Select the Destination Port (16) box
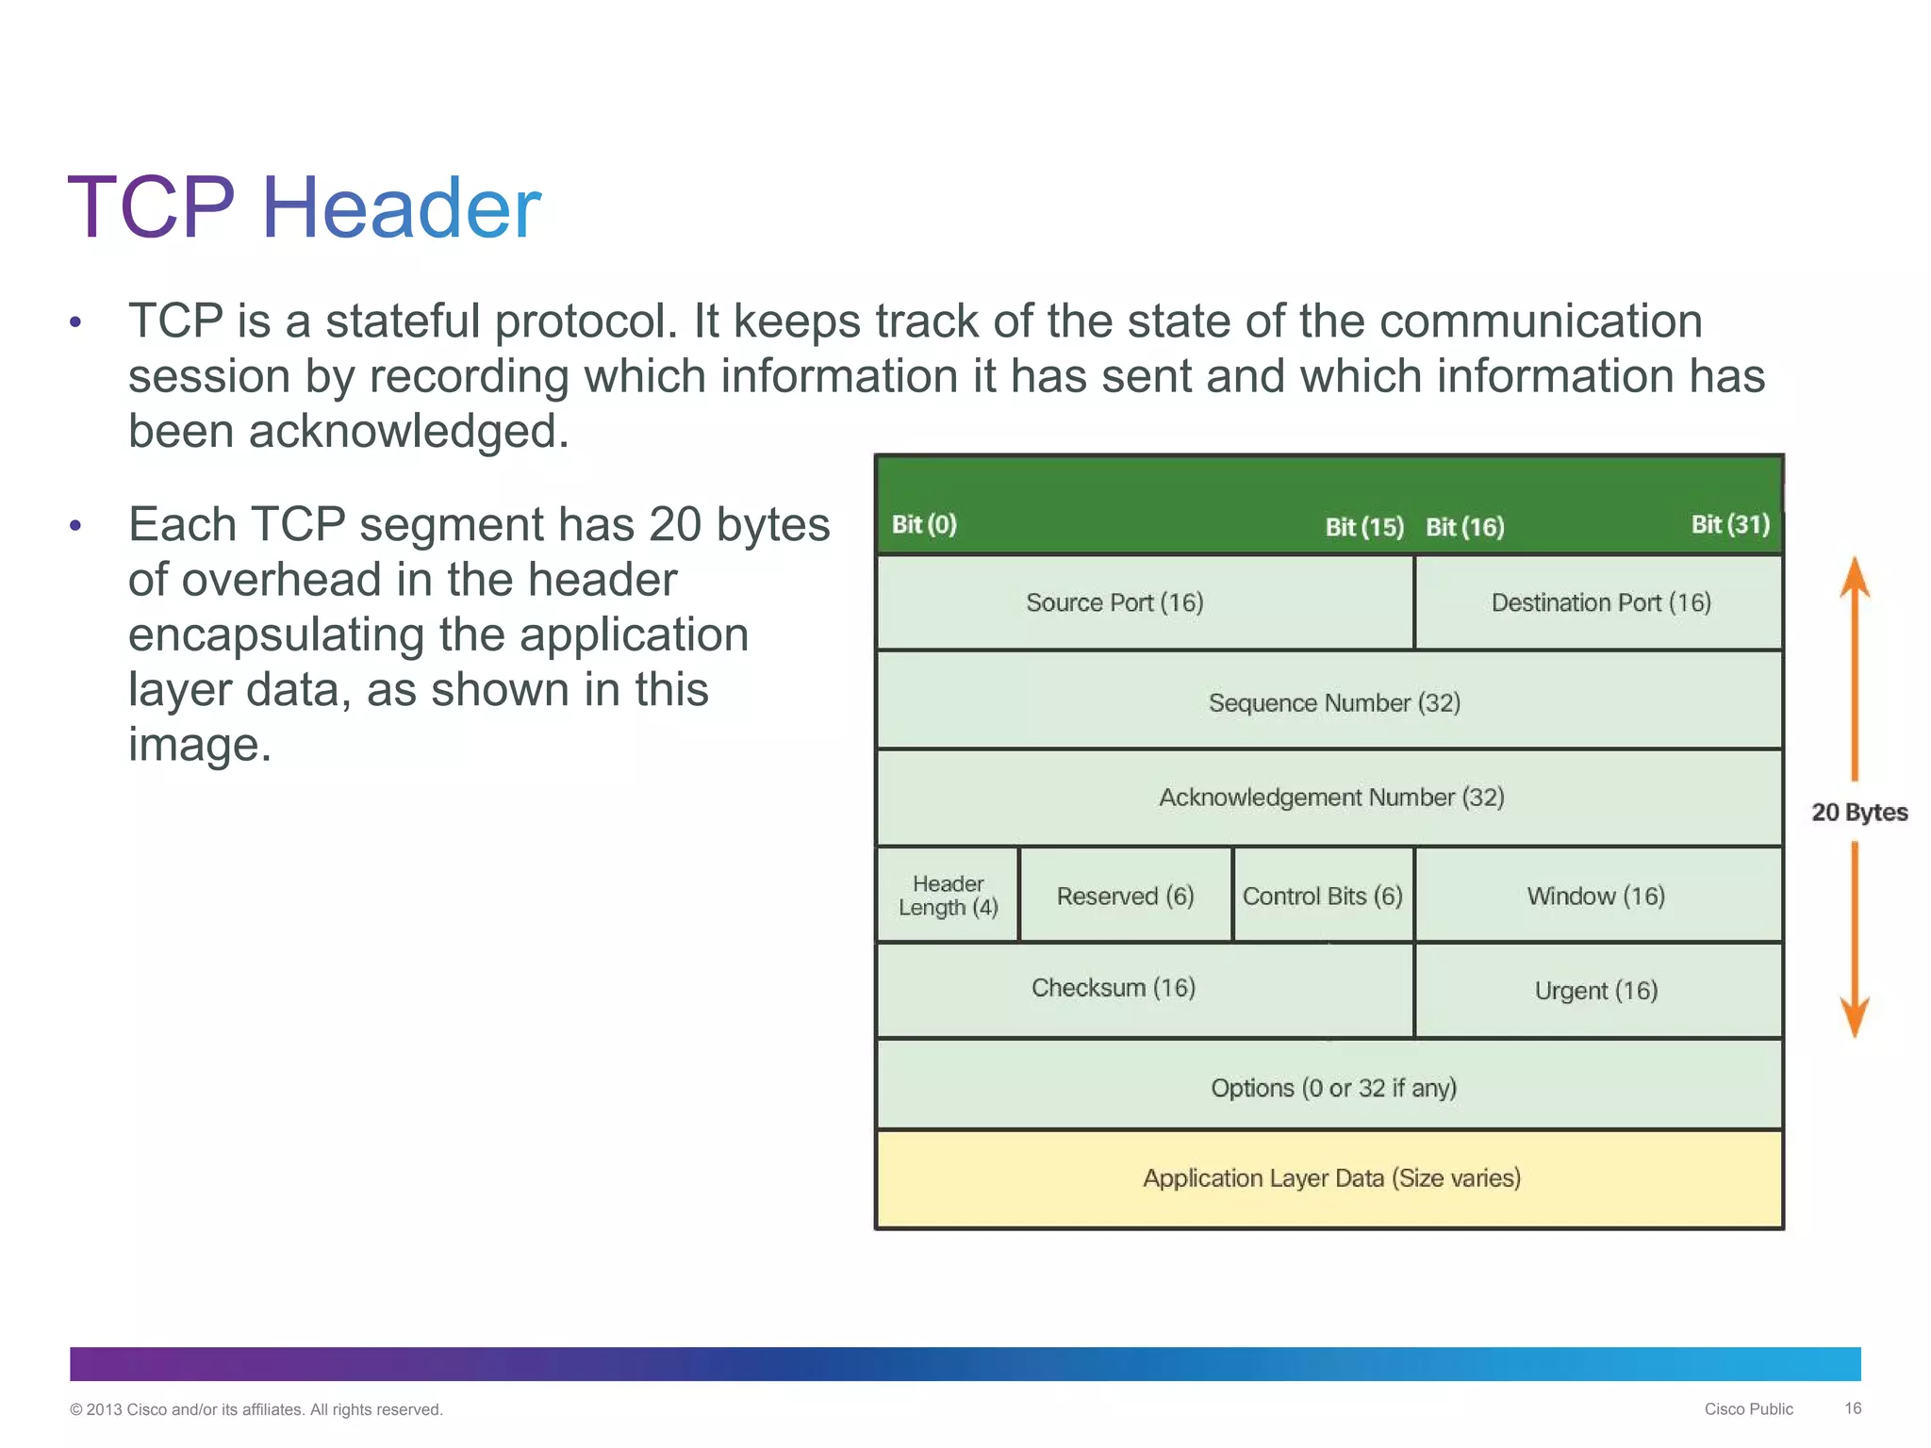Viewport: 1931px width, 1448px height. pyautogui.click(x=1599, y=602)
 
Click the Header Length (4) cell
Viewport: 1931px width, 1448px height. pyautogui.click(x=948, y=895)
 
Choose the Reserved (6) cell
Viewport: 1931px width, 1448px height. pyautogui.click(x=1126, y=895)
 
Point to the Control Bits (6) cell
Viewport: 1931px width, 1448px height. pyautogui.click(x=1323, y=895)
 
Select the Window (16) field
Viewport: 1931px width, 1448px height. pyautogui.click(x=1597, y=895)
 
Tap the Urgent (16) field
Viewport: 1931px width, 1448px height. pyautogui.click(x=1597, y=990)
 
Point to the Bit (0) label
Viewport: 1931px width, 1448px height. pyautogui.click(x=924, y=524)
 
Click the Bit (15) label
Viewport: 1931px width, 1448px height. pyautogui.click(x=1364, y=526)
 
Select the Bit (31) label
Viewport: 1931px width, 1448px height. pyautogui.click(x=1730, y=524)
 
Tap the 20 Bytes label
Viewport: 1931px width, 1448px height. pyautogui.click(x=1859, y=812)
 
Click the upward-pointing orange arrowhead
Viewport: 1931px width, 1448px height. pyautogui.click(x=1855, y=577)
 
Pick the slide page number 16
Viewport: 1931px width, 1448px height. pyautogui.click(x=1853, y=1408)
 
